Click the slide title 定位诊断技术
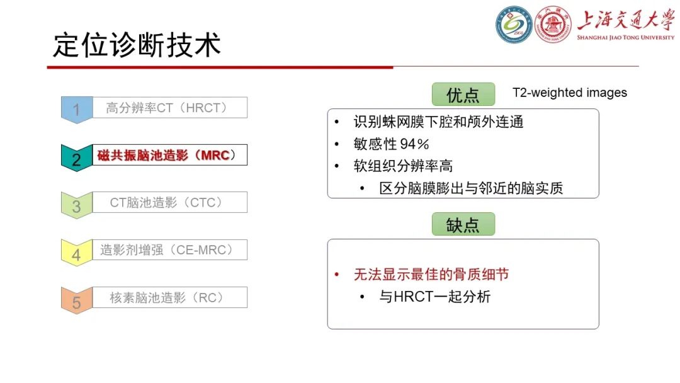(137, 45)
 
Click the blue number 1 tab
(76, 110)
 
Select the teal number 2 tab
(76, 158)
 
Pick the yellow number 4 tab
(76, 254)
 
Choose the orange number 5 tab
(76, 302)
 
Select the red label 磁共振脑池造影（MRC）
(167, 155)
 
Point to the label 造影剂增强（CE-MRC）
(167, 249)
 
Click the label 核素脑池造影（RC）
(167, 297)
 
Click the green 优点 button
(463, 94)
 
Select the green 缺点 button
(463, 225)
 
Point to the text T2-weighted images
(570, 93)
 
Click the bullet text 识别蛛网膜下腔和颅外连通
(438, 122)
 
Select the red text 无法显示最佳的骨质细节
(431, 274)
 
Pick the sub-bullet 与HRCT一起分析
(434, 296)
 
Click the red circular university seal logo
(553, 25)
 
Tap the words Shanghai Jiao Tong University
(625, 38)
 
